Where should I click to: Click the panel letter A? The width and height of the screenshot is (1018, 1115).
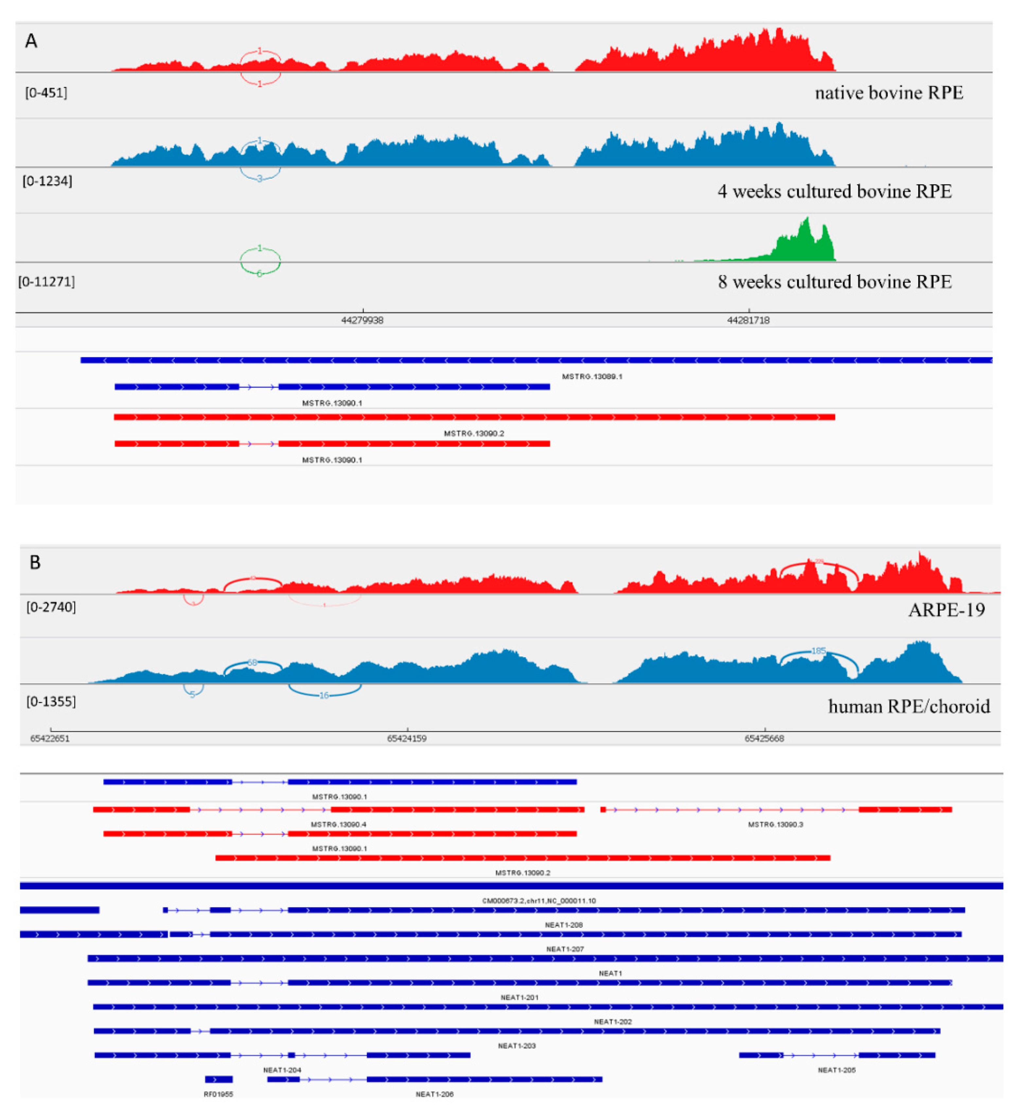[x=31, y=41]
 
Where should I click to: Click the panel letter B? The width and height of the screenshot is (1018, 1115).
[x=35, y=562]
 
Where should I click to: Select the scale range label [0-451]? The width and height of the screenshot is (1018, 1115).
[x=46, y=92]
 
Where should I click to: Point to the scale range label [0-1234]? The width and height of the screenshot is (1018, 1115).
[x=47, y=181]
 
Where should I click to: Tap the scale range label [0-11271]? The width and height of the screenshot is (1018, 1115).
[x=46, y=281]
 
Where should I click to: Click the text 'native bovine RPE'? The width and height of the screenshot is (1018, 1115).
[x=888, y=92]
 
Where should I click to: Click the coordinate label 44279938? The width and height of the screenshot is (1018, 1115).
[x=362, y=320]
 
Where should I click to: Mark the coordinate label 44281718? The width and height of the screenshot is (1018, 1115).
[x=748, y=320]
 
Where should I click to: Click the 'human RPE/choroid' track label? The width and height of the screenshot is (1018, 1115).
[x=908, y=706]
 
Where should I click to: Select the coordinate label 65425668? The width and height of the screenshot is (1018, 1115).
[x=764, y=738]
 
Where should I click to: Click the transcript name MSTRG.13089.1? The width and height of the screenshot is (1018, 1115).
[x=592, y=377]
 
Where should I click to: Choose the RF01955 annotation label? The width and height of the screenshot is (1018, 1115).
[x=219, y=1094]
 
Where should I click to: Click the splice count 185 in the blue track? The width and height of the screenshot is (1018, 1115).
[x=818, y=651]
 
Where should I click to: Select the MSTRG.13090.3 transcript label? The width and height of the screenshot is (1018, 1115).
[x=775, y=824]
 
